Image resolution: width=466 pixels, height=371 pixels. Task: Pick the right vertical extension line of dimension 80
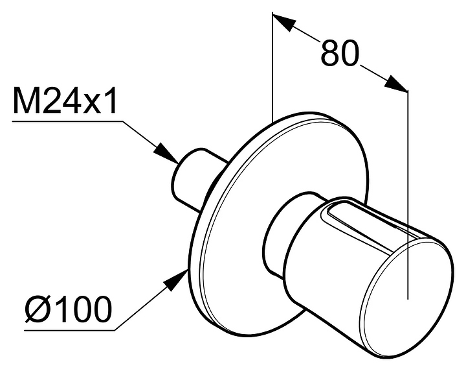[408, 195]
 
